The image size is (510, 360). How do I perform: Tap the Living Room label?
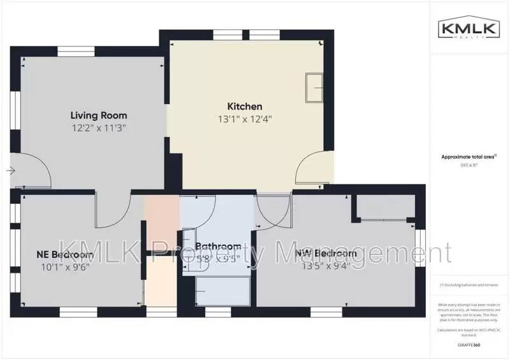pos(98,115)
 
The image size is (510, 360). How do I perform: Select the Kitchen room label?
pos(245,106)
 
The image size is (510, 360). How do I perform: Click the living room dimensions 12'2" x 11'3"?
pos(98,127)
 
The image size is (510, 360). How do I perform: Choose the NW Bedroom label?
pos(322,254)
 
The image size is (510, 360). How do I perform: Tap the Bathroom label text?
pos(219,247)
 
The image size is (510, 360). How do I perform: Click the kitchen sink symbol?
pos(315,87)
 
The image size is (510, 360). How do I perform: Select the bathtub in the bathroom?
pos(223,291)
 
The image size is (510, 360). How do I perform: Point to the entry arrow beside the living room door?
pos(11,171)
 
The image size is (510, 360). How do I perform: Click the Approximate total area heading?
pos(469,156)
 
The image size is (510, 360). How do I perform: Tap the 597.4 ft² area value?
pos(469,164)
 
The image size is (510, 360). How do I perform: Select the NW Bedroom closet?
pos(384,208)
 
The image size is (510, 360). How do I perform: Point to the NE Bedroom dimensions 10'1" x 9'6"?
pos(63,267)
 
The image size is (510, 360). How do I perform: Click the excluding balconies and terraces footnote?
pos(469,285)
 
